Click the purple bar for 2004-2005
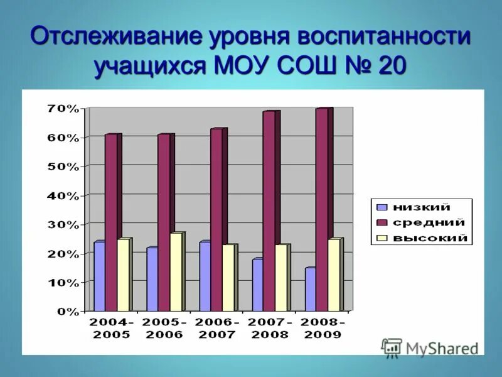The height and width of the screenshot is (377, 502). tap(111, 222)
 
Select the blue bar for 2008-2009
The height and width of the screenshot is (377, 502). tap(310, 290)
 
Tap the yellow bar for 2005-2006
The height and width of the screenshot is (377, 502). tap(176, 272)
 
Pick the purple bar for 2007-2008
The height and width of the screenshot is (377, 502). tap(269, 211)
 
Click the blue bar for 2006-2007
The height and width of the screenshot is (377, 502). tap(205, 276)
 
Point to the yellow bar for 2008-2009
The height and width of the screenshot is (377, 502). tap(334, 275)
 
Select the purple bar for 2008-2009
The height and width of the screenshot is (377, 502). tap(322, 210)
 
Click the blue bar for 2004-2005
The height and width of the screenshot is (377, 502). tap(99, 276)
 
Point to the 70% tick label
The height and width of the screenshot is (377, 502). tap(63, 109)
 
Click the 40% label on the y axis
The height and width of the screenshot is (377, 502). tap(63, 195)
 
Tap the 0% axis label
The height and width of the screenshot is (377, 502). tap(67, 311)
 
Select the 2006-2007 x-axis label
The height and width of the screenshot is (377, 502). tap(216, 328)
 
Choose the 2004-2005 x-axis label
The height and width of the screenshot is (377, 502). tap(111, 328)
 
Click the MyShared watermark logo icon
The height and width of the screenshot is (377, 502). tap(392, 347)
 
